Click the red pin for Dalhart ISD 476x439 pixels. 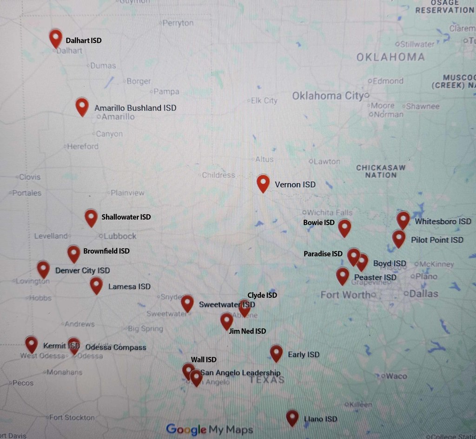56,38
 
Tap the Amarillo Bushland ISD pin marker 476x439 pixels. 82,106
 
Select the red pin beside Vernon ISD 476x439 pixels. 263,183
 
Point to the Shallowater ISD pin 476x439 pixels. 91,217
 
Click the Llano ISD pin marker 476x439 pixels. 292,417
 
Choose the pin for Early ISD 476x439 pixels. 276,353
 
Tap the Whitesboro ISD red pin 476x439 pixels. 403,219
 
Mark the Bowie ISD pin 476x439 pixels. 344,227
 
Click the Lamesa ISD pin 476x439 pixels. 96,285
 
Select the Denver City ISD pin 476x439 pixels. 43,269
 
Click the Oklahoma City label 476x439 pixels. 327,96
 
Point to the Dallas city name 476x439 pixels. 423,294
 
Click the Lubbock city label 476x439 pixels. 120,236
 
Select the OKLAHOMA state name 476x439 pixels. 390,57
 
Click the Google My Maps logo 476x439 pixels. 209,429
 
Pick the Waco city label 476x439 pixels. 396,376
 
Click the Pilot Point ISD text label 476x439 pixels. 437,240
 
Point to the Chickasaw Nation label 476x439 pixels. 381,171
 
